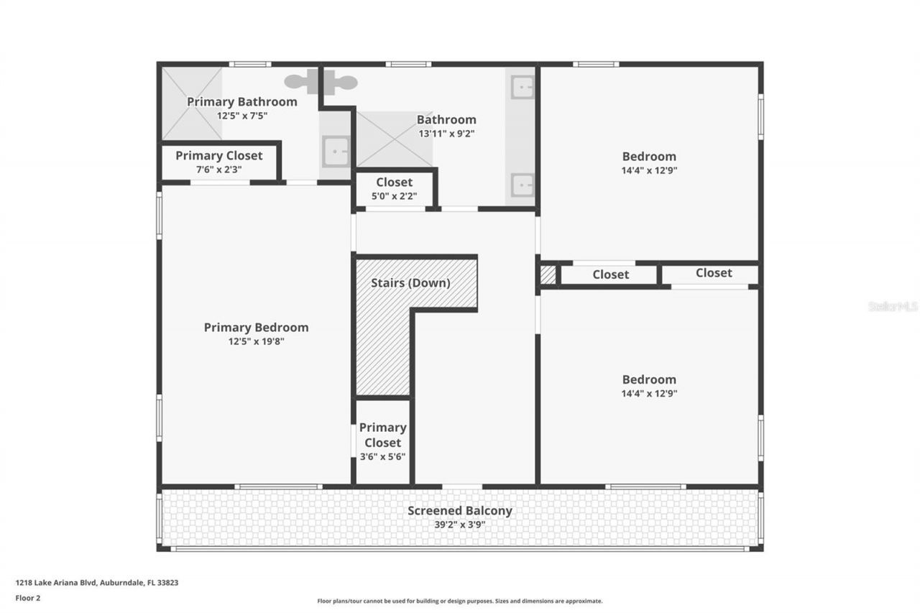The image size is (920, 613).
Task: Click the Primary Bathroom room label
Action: click(241, 102)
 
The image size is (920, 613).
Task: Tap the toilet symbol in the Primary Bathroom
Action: click(321, 82)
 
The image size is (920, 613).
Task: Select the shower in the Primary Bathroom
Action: click(191, 104)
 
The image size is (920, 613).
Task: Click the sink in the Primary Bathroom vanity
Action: click(335, 152)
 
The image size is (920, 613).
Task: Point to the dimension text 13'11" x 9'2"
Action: click(446, 133)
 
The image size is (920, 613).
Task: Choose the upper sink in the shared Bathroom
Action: click(522, 88)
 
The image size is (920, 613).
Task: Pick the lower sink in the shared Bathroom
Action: click(522, 185)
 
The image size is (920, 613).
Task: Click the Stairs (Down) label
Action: click(410, 283)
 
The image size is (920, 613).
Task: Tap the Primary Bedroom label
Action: click(256, 328)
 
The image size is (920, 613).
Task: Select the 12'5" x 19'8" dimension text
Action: click(257, 342)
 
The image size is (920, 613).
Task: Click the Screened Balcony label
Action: click(460, 511)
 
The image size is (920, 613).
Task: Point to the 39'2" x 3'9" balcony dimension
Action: click(460, 525)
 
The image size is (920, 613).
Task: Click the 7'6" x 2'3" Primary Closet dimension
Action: click(219, 170)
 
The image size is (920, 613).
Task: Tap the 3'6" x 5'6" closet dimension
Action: click(382, 457)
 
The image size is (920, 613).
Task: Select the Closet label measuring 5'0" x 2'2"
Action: click(394, 183)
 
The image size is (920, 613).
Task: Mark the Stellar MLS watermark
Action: click(892, 306)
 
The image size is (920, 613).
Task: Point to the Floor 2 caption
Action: click(27, 597)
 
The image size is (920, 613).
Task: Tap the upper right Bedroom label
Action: click(649, 157)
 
